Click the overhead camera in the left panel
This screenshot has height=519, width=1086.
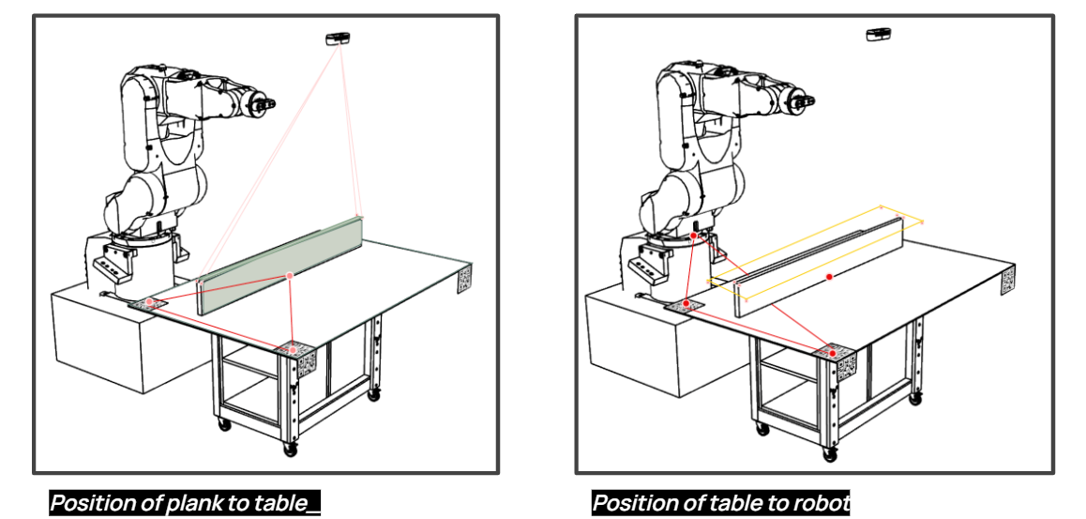pos(338,38)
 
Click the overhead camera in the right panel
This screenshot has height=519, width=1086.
pos(878,35)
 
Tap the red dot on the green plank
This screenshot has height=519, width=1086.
pos(290,275)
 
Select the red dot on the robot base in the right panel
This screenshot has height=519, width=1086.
pos(694,237)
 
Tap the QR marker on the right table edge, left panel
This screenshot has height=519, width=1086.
pos(465,280)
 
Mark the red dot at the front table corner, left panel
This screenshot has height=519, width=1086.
pos(294,350)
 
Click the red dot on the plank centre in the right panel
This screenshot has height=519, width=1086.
pos(830,278)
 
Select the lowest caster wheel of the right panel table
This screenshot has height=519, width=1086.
pos(829,453)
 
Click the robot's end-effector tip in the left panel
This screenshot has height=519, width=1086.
pos(272,102)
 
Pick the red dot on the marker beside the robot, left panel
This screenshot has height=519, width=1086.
pos(149,302)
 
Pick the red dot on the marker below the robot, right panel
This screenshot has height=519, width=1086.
pos(686,303)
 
